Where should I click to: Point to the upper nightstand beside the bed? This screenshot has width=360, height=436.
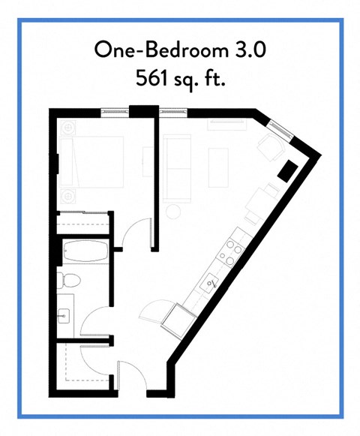point(67,127)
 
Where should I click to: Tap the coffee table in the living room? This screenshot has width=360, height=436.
point(218,167)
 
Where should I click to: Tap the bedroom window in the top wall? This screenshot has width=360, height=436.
point(115,112)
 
